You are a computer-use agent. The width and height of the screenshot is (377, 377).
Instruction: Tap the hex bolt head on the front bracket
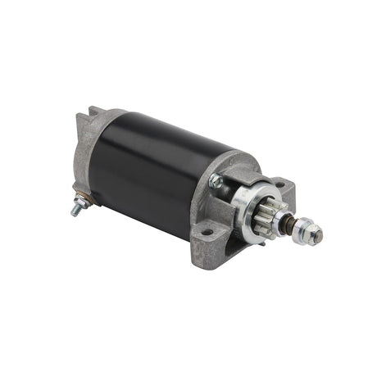pos(216,182)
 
